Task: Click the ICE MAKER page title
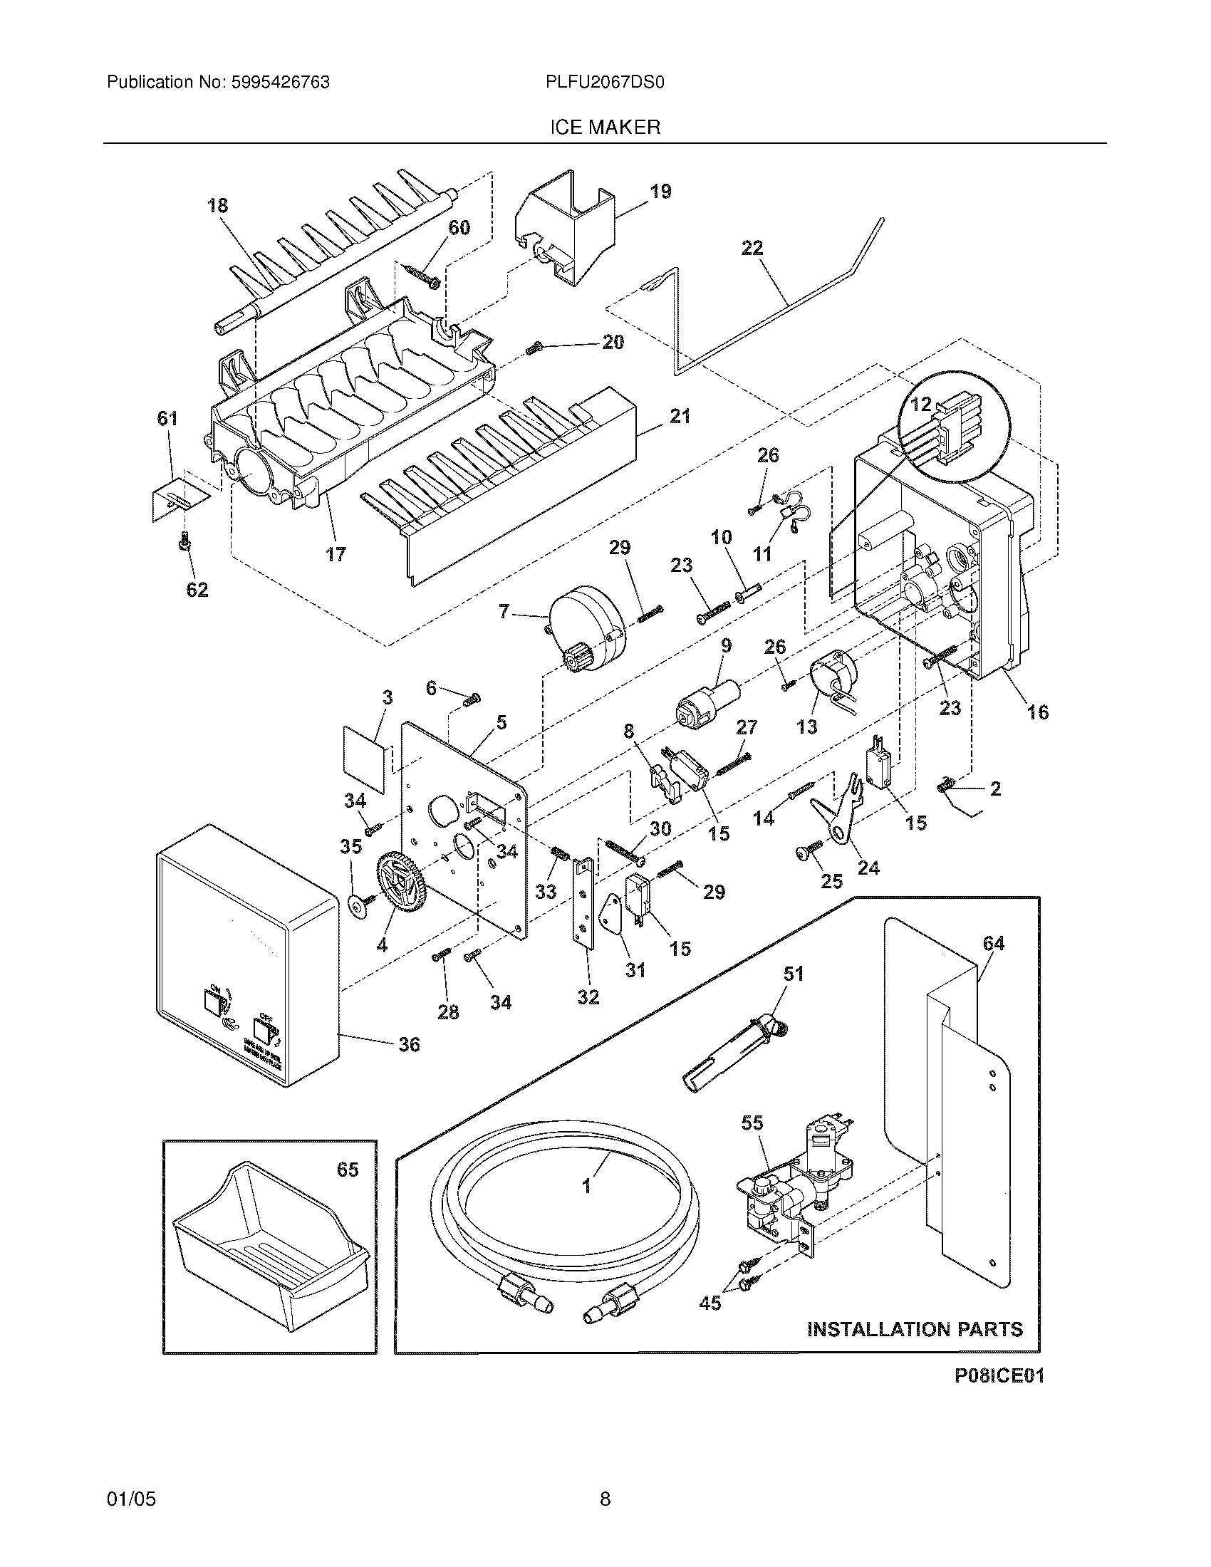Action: pyautogui.click(x=604, y=127)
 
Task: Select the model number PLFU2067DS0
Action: pyautogui.click(x=605, y=83)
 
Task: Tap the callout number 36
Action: pyautogui.click(x=409, y=1044)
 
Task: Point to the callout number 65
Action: pyautogui.click(x=347, y=1170)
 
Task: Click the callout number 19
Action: pyautogui.click(x=660, y=192)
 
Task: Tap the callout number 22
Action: pyautogui.click(x=752, y=249)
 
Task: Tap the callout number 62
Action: pyautogui.click(x=197, y=590)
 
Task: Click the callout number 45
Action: pyautogui.click(x=710, y=1302)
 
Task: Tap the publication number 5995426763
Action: pyautogui.click(x=281, y=83)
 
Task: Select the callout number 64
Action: pyautogui.click(x=993, y=944)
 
